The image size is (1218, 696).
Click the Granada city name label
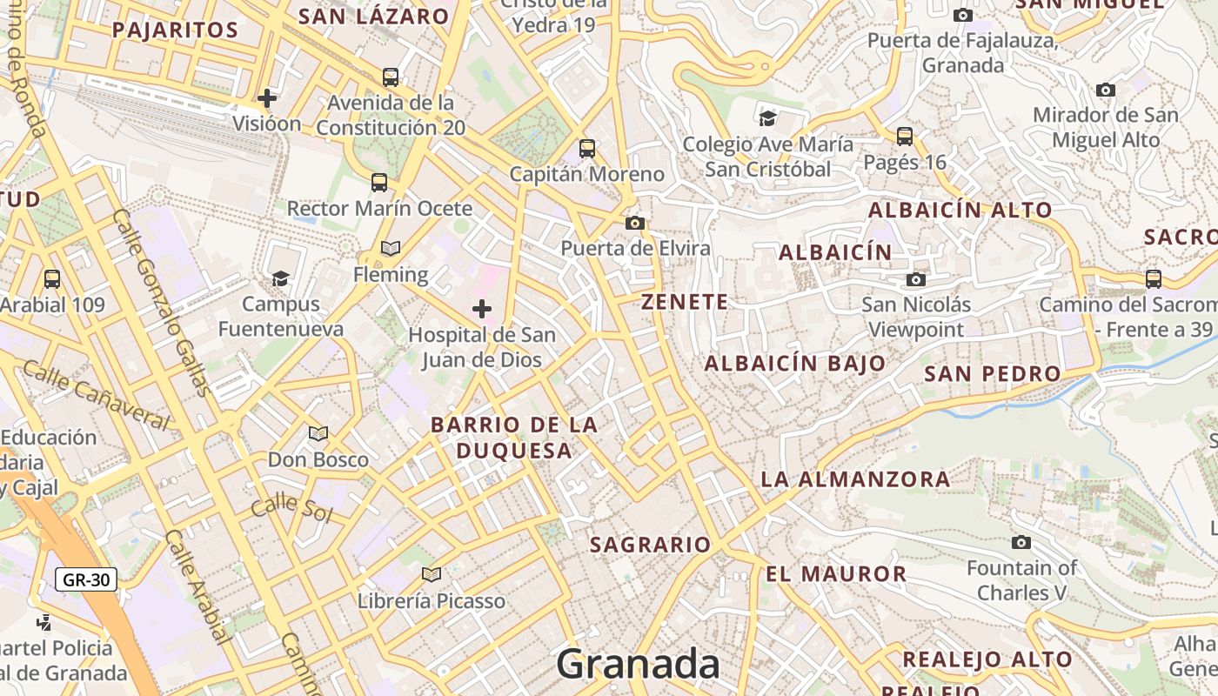638,664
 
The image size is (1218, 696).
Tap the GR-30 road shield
85,579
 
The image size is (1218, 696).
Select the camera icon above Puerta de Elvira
635,224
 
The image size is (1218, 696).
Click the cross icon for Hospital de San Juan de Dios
481,309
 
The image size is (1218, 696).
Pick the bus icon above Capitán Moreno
587,149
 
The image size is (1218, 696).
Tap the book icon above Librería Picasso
432,574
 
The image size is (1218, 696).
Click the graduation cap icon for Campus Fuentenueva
280,278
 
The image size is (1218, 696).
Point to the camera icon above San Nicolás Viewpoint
916,279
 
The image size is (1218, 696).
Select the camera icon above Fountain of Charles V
1021,543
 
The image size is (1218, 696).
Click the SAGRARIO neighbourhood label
650,545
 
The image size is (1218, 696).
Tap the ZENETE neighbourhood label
685,303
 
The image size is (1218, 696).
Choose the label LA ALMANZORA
855,479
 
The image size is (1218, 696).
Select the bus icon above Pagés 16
905,137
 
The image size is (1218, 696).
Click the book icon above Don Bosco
318,433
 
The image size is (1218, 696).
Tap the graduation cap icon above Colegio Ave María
767,118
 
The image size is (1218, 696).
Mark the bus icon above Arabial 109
52,279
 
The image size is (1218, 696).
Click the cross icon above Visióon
267,97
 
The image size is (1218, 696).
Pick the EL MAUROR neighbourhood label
836,574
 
